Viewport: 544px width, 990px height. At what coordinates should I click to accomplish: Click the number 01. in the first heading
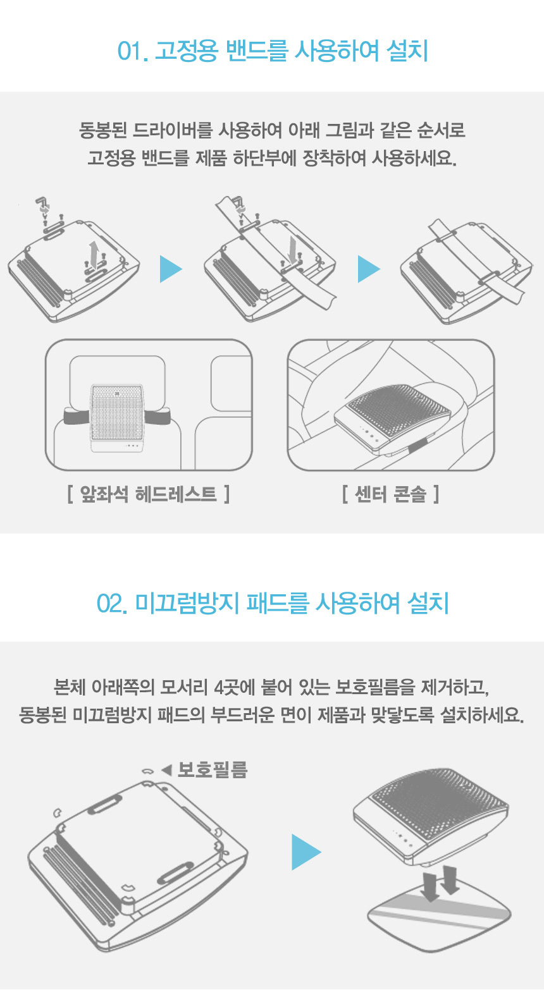tap(132, 51)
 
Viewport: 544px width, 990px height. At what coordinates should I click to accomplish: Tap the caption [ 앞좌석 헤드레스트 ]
tap(149, 494)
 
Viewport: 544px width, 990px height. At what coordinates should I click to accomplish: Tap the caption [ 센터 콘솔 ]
tap(390, 494)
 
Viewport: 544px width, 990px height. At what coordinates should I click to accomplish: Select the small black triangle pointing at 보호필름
tap(166, 771)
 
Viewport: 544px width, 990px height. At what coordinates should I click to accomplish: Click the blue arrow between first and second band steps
tap(171, 269)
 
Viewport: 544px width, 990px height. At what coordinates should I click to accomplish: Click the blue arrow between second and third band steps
tap(369, 269)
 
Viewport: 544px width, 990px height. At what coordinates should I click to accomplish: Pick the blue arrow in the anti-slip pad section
tap(306, 852)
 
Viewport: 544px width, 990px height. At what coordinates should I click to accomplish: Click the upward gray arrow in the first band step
tap(93, 252)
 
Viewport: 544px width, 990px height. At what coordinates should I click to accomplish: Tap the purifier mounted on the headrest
tap(117, 418)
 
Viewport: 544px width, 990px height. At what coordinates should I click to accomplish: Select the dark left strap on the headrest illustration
tap(77, 416)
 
